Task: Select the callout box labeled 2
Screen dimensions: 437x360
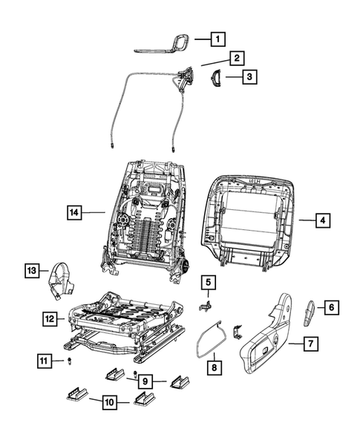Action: (x=235, y=57)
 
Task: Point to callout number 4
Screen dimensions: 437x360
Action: (x=321, y=220)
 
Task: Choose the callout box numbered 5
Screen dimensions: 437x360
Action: (x=209, y=282)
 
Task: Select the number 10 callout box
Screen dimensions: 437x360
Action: (x=108, y=403)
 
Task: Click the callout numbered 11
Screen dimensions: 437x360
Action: (x=45, y=361)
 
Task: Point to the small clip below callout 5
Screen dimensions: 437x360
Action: (x=208, y=303)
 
